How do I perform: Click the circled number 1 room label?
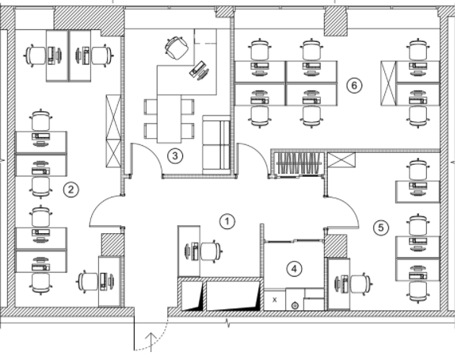pyautogui.click(x=227, y=222)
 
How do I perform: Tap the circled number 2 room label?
pyautogui.click(x=71, y=190)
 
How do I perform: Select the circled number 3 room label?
pyautogui.click(x=175, y=155)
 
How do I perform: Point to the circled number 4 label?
pyautogui.click(x=295, y=269)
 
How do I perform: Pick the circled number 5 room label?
pyautogui.click(x=381, y=228)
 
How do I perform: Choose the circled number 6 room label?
pyautogui.click(x=354, y=86)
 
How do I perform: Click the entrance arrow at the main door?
pyautogui.click(x=151, y=342)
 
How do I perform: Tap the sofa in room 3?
pyautogui.click(x=216, y=145)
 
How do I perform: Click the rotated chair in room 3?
pyautogui.click(x=177, y=48)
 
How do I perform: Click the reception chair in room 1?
pyautogui.click(x=212, y=251)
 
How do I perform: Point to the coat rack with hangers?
pyautogui.click(x=299, y=164)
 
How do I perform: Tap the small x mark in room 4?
pyautogui.click(x=275, y=300)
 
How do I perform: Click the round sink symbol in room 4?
pyautogui.click(x=295, y=306)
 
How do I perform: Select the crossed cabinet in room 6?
pyautogui.click(x=388, y=83)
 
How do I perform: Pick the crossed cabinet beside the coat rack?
pyautogui.click(x=341, y=160)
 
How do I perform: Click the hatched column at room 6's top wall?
pyautogui.click(x=336, y=21)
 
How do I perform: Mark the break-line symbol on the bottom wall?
pyautogui.click(x=228, y=324)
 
